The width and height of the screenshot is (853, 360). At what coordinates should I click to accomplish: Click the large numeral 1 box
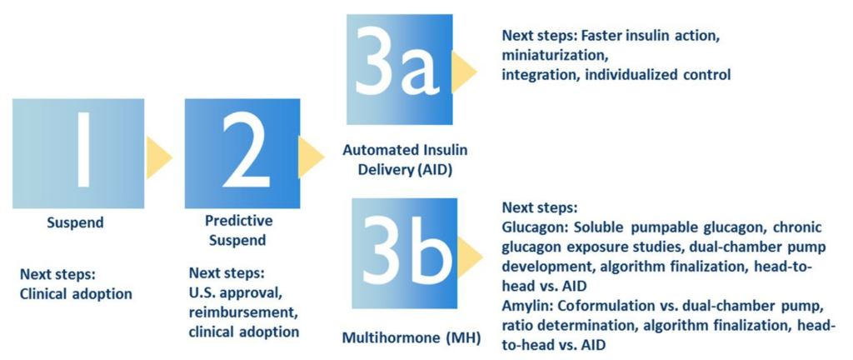[x=78, y=153]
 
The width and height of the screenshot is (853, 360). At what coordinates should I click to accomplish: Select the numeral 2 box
[x=242, y=153]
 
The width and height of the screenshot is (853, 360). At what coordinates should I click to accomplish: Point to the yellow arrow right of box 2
[x=312, y=157]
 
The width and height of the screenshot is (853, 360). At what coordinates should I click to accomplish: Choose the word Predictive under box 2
[x=239, y=222]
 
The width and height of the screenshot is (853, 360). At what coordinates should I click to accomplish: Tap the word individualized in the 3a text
[x=630, y=75]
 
